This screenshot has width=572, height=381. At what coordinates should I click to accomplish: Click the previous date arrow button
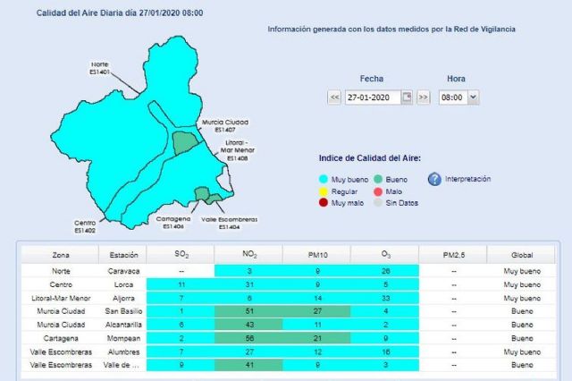(x=334, y=97)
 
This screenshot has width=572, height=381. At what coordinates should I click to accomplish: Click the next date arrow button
(x=424, y=97)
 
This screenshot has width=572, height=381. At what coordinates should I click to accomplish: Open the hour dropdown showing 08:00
(x=459, y=97)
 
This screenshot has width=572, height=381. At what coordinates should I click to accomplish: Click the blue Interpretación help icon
(x=434, y=180)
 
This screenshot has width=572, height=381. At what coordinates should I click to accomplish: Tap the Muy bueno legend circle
(x=324, y=180)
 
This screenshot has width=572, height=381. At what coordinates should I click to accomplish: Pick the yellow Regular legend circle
(x=324, y=191)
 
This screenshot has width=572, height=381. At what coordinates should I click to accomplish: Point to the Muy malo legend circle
(x=324, y=203)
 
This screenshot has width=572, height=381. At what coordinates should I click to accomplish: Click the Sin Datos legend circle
(x=378, y=203)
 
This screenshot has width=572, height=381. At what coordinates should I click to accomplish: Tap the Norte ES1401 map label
(x=99, y=68)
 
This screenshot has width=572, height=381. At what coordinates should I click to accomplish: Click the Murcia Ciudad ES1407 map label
(x=224, y=125)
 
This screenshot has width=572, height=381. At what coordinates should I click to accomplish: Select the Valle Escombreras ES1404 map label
(x=230, y=224)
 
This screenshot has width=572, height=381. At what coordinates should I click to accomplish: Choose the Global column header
(x=522, y=255)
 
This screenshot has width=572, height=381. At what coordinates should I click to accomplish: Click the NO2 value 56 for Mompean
(x=249, y=340)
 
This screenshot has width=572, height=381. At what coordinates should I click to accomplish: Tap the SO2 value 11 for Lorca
(x=181, y=284)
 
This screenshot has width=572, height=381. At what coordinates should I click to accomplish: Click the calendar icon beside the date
(x=408, y=97)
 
